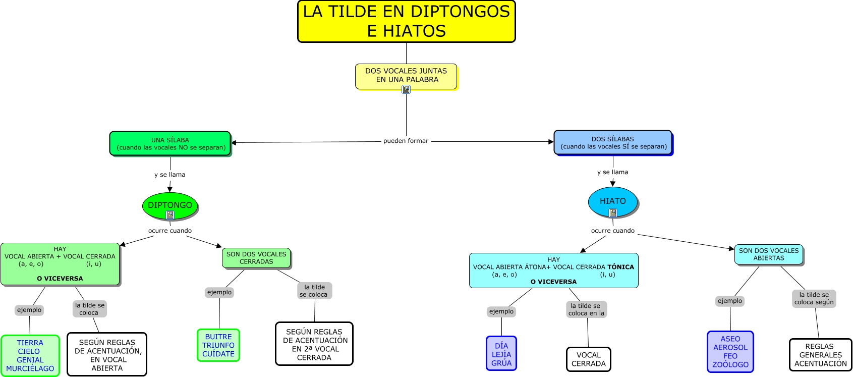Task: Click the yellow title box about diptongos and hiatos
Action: (x=406, y=21)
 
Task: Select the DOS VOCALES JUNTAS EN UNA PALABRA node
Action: (x=406, y=75)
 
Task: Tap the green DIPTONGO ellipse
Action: (x=170, y=205)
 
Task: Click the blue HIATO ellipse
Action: (x=612, y=201)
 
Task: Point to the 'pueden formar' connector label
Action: (x=406, y=141)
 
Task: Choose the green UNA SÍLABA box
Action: (x=170, y=144)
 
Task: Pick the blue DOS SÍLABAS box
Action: (x=613, y=143)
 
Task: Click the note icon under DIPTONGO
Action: (x=170, y=215)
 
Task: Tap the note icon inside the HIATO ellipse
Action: (x=613, y=213)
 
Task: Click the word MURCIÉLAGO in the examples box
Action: (x=30, y=369)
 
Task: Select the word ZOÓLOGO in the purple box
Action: (x=730, y=365)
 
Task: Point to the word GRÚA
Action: (x=501, y=363)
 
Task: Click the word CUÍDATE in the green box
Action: (x=218, y=354)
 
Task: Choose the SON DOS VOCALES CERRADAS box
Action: (x=256, y=258)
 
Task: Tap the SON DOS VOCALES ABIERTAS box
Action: (x=769, y=254)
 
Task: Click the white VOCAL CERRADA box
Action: (x=588, y=359)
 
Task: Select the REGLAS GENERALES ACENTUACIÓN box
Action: (x=820, y=355)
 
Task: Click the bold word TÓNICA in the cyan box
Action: (x=620, y=267)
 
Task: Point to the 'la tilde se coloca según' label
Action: (x=814, y=298)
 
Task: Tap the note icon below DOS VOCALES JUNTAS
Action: (x=406, y=89)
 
